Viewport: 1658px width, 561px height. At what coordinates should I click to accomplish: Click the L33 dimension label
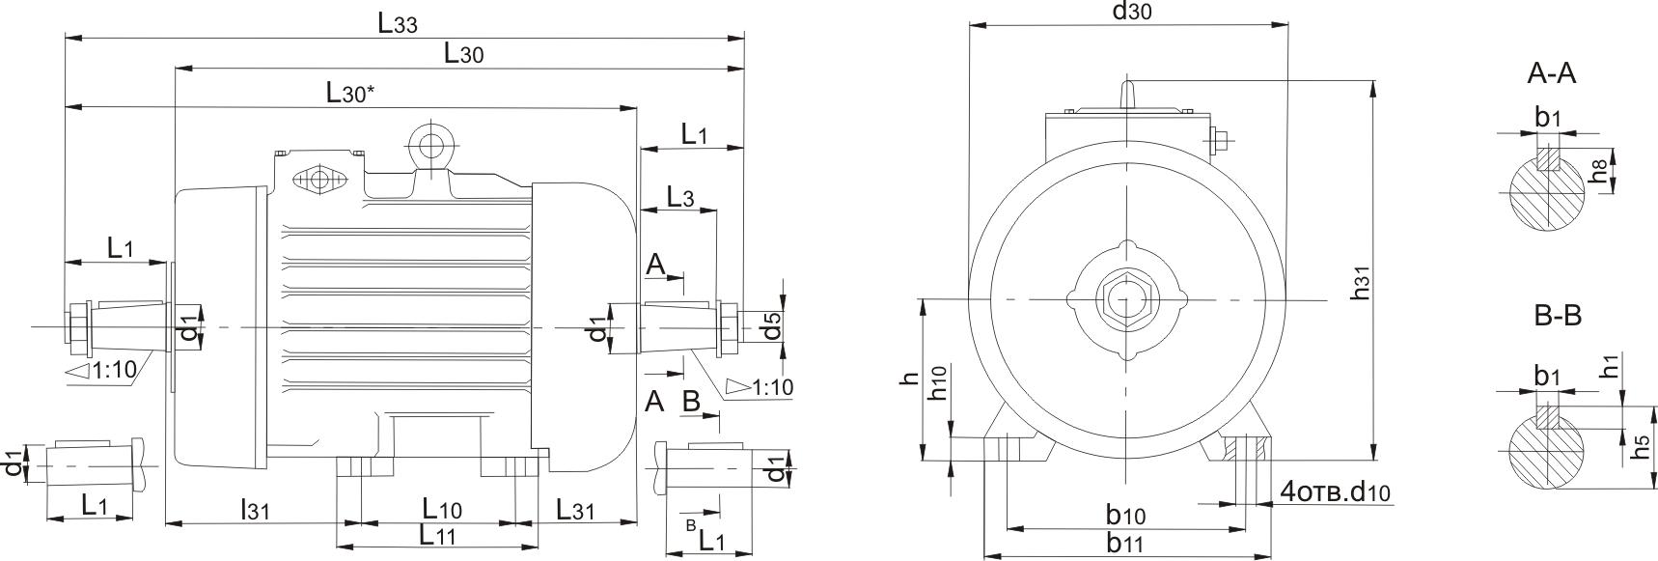(397, 24)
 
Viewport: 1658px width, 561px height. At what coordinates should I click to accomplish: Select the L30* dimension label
(348, 94)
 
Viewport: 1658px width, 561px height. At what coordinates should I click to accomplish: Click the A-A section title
(1552, 73)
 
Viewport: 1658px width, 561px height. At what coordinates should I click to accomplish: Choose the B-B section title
(1557, 316)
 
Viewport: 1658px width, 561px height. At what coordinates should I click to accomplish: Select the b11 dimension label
(1125, 543)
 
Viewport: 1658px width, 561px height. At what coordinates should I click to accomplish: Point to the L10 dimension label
(442, 509)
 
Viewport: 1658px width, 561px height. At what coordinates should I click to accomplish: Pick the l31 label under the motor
(254, 509)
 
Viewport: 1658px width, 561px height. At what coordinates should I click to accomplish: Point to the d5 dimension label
(770, 326)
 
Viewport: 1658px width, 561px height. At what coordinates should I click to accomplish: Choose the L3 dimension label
(680, 198)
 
